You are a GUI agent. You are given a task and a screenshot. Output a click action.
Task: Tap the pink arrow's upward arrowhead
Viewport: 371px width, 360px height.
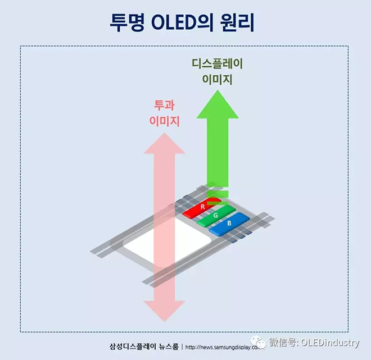point(165,145)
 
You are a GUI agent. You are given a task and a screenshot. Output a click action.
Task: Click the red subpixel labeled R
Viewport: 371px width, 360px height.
point(202,207)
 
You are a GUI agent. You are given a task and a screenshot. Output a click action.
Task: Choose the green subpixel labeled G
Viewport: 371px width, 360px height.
point(215,215)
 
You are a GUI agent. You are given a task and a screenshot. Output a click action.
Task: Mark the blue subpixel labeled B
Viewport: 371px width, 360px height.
point(228,224)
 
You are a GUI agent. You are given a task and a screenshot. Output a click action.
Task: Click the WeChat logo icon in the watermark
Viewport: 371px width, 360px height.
point(259,341)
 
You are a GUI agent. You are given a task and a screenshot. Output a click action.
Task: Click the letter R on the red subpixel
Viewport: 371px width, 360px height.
point(202,207)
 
